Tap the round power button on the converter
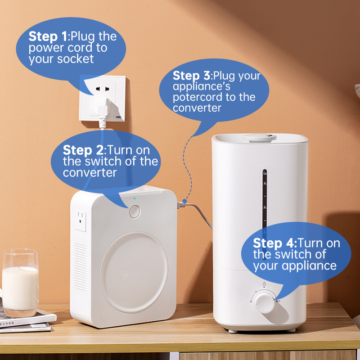coord(135,211)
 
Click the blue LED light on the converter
coord(135,198)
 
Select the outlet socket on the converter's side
coord(81,221)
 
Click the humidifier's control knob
coord(265,302)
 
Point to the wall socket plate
coord(103,98)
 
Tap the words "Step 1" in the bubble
coord(48,36)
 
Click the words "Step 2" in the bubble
coord(83,150)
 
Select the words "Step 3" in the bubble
coord(191,76)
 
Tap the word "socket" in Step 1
coord(75,59)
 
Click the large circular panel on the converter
coord(134,272)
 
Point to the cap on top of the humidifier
coord(260,138)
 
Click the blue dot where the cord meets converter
coord(184,201)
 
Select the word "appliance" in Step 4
coord(309,266)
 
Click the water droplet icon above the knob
coord(264,284)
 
